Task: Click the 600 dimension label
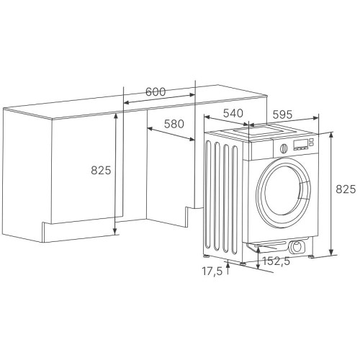[156, 91]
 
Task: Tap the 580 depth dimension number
[174, 124]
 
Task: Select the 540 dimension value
[233, 113]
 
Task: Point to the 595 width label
[282, 114]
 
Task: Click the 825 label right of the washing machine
[346, 189]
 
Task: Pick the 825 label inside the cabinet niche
[101, 170]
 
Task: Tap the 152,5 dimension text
[276, 261]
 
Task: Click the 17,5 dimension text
[212, 271]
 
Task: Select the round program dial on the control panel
[284, 148]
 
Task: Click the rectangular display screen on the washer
[300, 143]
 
